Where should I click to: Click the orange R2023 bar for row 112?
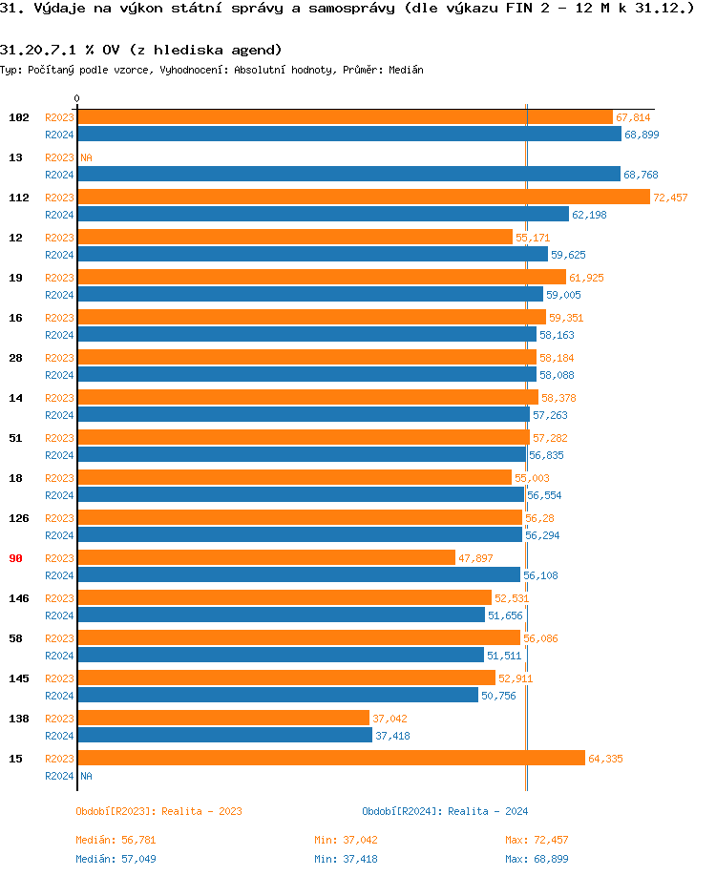click(x=363, y=198)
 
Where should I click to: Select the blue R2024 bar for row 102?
click(x=348, y=135)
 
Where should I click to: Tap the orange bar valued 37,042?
click(x=222, y=718)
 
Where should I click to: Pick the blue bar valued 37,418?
click(x=224, y=736)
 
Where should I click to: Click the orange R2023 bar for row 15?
click(x=330, y=758)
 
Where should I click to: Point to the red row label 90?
click(x=16, y=558)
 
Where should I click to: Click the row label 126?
click(x=18, y=518)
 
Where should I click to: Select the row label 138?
click(x=18, y=719)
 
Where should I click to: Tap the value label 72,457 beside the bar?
click(x=670, y=198)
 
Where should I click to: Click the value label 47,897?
click(x=475, y=558)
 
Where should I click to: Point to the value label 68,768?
click(x=641, y=175)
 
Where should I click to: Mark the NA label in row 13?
click(x=86, y=157)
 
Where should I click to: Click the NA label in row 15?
click(x=86, y=776)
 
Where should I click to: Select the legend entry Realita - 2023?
click(x=158, y=811)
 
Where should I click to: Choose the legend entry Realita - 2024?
click(x=445, y=811)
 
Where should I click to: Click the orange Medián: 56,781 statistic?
click(x=116, y=840)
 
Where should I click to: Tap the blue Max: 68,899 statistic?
click(x=537, y=858)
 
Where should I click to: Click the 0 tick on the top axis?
click(x=77, y=98)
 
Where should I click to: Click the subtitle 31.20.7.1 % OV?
click(x=140, y=50)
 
